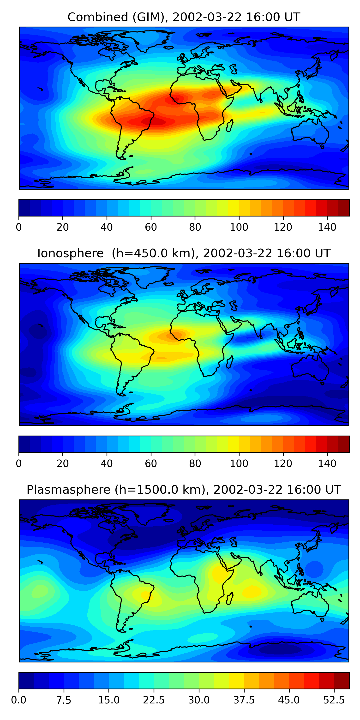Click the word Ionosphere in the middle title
[70, 253]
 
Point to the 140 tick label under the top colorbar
[327, 227]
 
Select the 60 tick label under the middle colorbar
[151, 463]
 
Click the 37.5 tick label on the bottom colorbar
[244, 700]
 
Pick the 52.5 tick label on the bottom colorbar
[334, 700]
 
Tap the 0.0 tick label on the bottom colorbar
[19, 700]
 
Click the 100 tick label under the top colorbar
[239, 227]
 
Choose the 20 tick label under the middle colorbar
[63, 463]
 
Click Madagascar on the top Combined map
[230, 126]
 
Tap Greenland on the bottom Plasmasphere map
[148, 514]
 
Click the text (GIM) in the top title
[149, 17]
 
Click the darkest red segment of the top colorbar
[343, 208]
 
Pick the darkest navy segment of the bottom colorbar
[26, 680]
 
